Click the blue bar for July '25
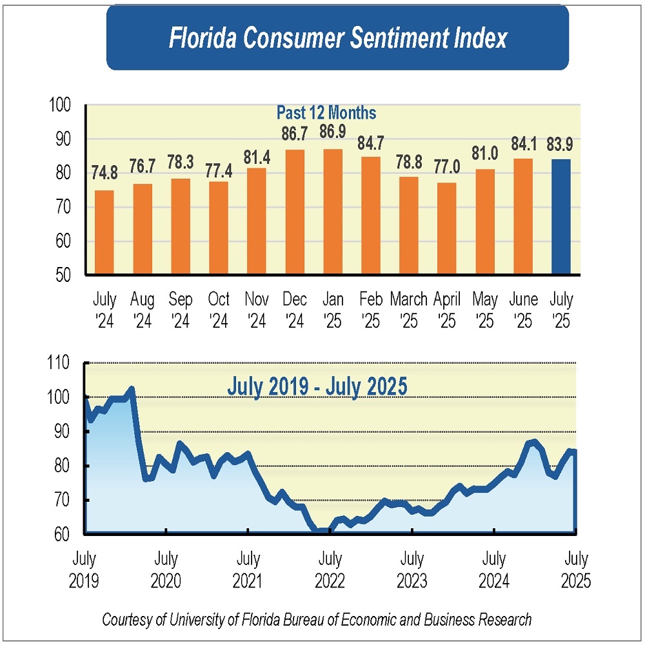pos(561,217)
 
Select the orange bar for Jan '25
pos(333,212)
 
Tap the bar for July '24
pos(104,233)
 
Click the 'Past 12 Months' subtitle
pos(326,113)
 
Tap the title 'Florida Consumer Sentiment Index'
pos(337,39)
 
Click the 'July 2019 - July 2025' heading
pos(317,387)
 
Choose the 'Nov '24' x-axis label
pos(257,310)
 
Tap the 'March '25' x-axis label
pos(409,310)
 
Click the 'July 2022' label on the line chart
pos(330,569)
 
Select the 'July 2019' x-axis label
pos(84,569)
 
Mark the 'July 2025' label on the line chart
pos(576,569)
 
